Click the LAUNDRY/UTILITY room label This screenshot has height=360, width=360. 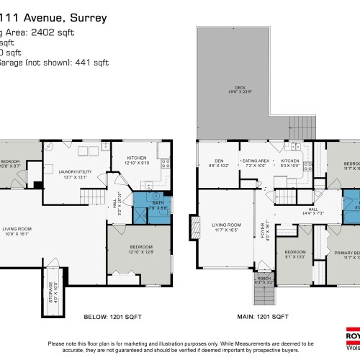click(73, 171)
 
